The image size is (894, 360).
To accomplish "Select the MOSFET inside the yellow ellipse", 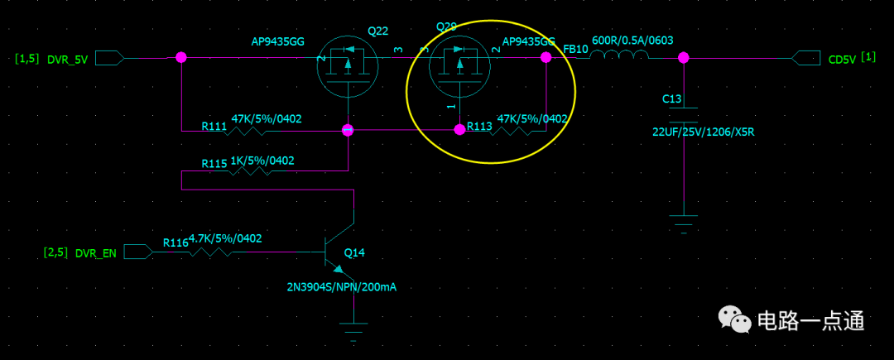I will [459, 65].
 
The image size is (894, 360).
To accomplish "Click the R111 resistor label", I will [214, 127].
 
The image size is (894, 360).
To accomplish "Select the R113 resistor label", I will [479, 127].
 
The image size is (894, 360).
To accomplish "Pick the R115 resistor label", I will [214, 164].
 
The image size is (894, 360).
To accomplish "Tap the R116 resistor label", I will [175, 242].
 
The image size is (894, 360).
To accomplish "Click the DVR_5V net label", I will [68, 60].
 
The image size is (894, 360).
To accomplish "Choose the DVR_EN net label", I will [95, 253].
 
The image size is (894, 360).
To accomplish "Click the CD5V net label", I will [842, 60].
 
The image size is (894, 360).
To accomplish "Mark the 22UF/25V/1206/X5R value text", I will [703, 132].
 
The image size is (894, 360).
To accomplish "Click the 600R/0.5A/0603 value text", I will [632, 41].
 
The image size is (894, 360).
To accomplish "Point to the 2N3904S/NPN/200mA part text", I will [342, 287].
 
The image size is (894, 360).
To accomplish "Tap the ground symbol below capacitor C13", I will [684, 222].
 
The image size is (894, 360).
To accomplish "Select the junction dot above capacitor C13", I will [684, 57].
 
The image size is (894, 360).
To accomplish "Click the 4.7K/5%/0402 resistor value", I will [225, 238].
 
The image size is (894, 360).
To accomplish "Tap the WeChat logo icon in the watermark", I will [733, 319].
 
